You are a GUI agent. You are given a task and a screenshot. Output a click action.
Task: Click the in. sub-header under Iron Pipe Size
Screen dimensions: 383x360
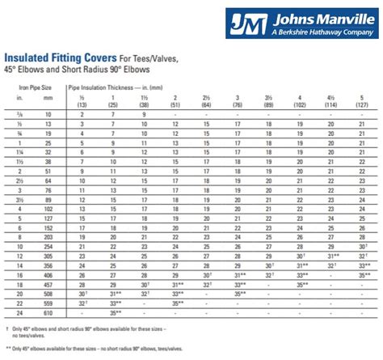coord(19,100)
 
